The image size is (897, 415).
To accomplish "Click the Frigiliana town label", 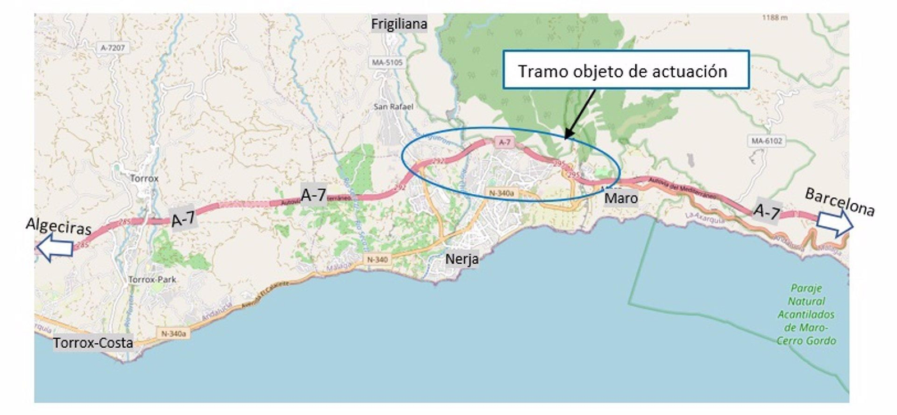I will tap(399, 24).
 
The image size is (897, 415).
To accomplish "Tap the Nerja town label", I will tap(461, 259).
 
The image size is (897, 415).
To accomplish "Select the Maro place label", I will tap(621, 198).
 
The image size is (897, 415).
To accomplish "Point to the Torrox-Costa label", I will tap(93, 343).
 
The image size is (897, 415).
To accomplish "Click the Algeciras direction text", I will tap(58, 226).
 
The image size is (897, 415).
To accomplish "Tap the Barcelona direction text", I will tap(839, 202).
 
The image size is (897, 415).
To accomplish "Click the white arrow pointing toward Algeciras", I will tap(54, 247).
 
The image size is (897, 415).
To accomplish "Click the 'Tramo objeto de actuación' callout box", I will tap(625, 70).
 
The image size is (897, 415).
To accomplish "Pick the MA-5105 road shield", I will tap(387, 62).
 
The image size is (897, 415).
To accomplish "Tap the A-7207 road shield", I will tap(113, 48).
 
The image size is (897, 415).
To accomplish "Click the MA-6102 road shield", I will tap(766, 141).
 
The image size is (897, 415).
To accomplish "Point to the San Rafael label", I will tap(394, 106).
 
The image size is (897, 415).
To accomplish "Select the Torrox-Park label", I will tap(152, 279).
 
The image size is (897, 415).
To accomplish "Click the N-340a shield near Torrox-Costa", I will tap(173, 333).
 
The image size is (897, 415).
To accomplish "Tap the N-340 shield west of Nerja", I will tap(377, 259).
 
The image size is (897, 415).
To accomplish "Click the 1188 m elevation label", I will tap(774, 17).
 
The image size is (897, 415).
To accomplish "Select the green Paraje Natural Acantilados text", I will tap(806, 314).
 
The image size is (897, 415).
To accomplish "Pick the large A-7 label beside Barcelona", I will tap(766, 211).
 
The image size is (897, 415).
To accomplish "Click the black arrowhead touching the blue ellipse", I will tap(567, 136).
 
